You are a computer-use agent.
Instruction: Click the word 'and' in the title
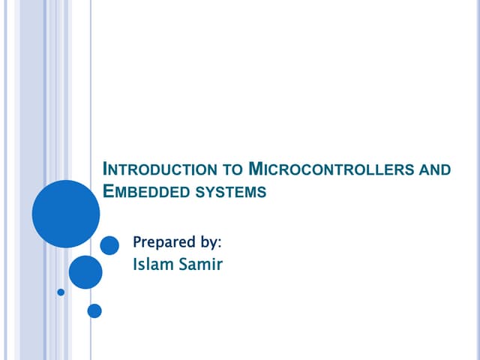coord(434,169)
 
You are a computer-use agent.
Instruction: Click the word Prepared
coord(163,242)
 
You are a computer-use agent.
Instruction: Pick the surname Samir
coord(199,264)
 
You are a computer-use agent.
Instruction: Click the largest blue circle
coord(66,214)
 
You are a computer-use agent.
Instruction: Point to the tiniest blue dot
coord(61,292)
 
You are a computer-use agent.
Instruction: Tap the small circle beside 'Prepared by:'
coord(109,245)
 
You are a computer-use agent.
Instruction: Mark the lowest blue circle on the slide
coord(94,310)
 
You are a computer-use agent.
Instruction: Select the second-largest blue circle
coord(85,272)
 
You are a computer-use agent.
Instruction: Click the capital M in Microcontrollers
coord(254,168)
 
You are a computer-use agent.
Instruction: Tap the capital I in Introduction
coord(103,168)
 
